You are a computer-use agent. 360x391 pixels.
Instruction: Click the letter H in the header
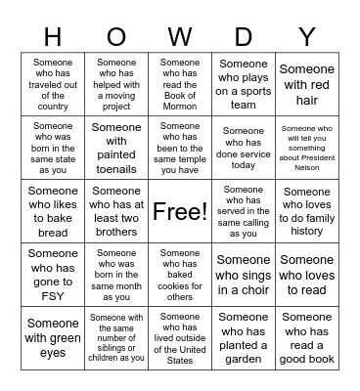(x=53, y=37)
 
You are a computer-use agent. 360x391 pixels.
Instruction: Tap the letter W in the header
(x=180, y=37)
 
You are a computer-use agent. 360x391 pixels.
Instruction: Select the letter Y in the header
(x=306, y=37)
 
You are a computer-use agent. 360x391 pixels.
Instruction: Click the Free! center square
(x=180, y=211)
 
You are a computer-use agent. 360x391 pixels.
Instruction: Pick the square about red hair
(x=306, y=85)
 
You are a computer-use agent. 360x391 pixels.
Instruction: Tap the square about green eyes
(x=53, y=337)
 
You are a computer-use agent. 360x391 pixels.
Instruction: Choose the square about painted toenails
(x=116, y=148)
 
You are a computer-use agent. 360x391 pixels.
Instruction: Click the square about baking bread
(x=53, y=211)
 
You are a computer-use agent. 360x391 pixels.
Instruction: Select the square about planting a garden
(x=243, y=337)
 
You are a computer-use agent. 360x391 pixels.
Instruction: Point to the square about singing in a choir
(x=243, y=275)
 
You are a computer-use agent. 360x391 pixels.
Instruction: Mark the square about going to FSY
(x=53, y=275)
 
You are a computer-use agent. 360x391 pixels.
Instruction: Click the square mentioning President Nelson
(x=306, y=148)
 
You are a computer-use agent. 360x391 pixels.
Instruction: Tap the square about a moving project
(x=116, y=85)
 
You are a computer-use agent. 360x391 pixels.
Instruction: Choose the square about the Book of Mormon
(x=180, y=85)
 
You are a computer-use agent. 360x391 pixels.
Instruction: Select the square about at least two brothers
(x=116, y=211)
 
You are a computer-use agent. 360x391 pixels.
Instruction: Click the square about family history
(x=306, y=211)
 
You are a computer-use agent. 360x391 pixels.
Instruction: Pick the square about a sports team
(x=243, y=85)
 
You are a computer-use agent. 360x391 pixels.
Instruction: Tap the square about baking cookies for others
(x=180, y=275)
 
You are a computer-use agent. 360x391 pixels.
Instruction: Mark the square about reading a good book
(x=306, y=337)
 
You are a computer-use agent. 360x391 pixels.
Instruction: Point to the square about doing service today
(x=243, y=148)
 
